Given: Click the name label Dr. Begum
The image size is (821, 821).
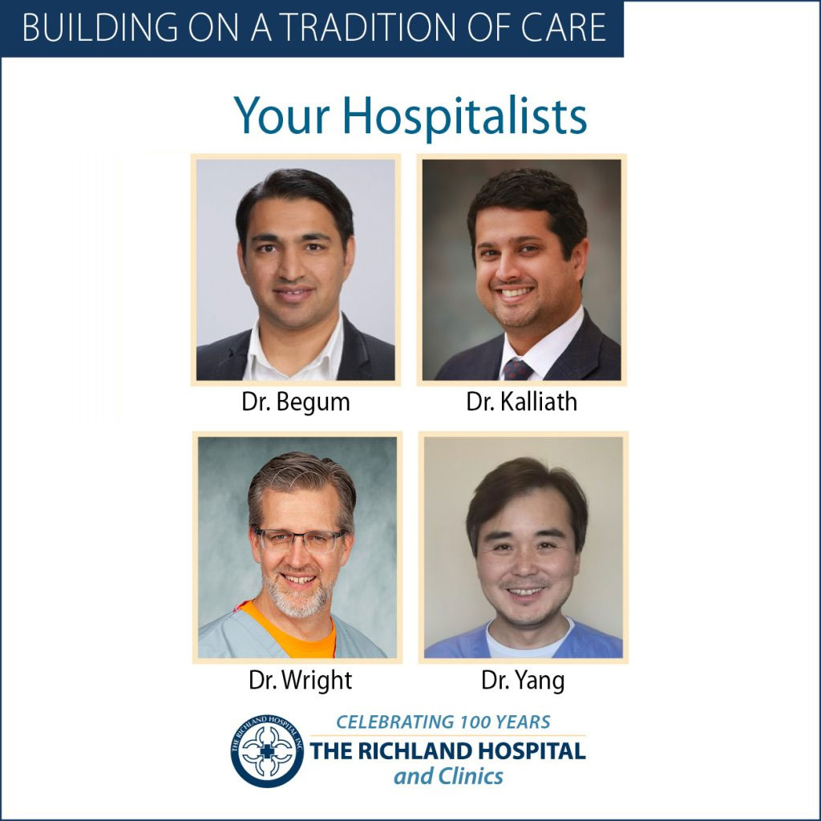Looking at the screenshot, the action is [x=295, y=402].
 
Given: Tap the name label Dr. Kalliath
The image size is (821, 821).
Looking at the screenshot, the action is [x=521, y=402].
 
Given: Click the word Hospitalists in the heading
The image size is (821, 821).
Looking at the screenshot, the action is [x=464, y=116].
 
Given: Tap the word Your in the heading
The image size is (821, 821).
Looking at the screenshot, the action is [x=281, y=116].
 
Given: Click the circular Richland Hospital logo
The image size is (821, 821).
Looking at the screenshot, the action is [x=267, y=750].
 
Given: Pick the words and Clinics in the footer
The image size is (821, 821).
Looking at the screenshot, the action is [x=448, y=776].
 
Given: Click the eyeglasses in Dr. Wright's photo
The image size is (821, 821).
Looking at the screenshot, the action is [x=299, y=540].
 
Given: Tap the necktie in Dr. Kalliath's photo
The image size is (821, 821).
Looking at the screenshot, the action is [x=517, y=370].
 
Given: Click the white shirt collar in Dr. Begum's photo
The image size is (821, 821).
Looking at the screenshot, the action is [x=293, y=352].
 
